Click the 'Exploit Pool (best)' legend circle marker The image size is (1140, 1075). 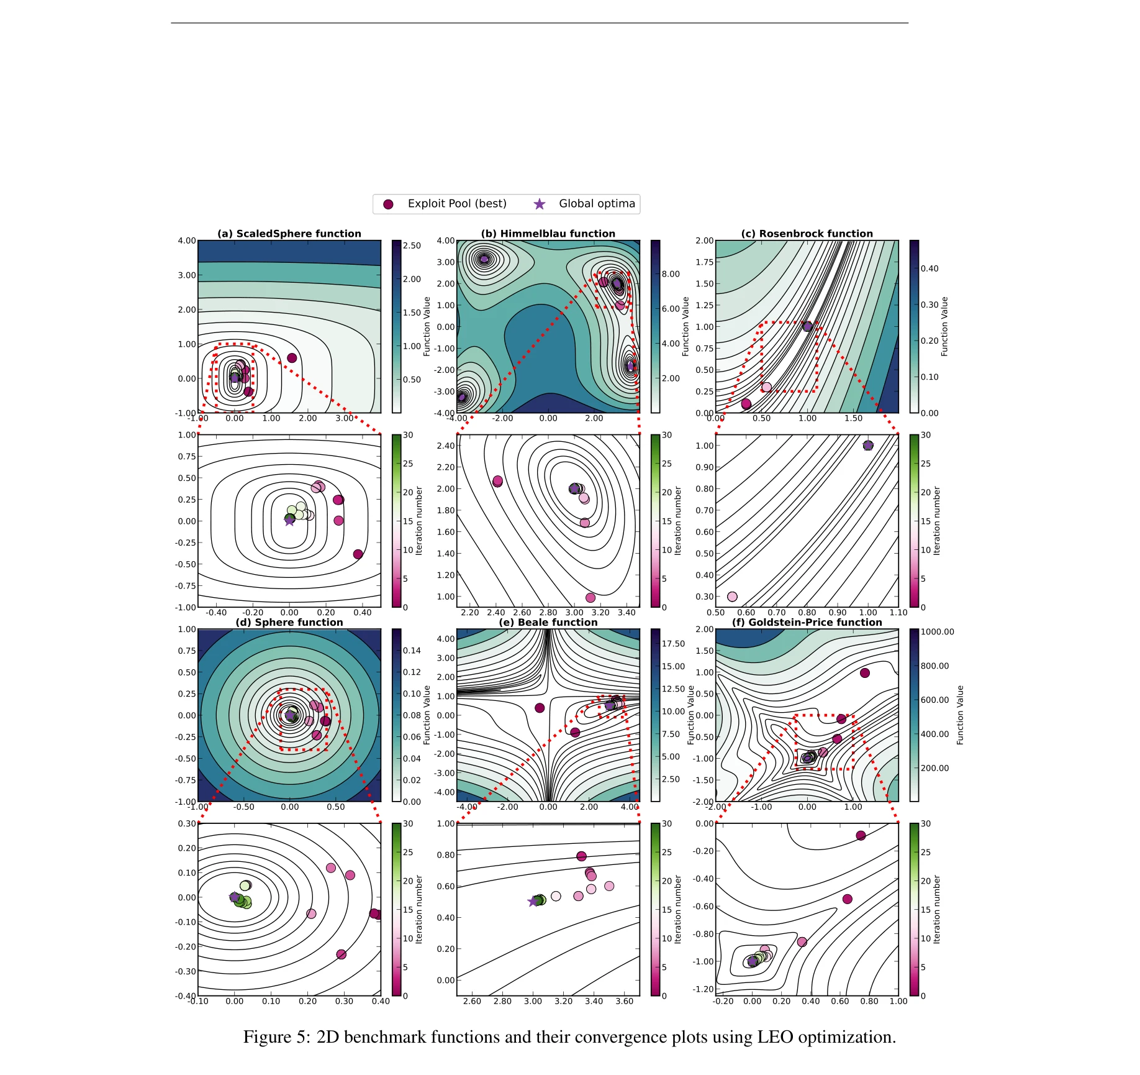[388, 204]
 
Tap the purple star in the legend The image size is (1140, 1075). [540, 204]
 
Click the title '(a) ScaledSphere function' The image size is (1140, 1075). [289, 234]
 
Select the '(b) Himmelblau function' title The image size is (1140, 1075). [548, 234]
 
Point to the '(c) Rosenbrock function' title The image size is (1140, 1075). [807, 234]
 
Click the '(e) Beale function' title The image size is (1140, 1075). [548, 622]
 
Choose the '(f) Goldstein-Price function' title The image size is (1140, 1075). [807, 622]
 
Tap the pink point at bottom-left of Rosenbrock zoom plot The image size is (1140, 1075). [732, 597]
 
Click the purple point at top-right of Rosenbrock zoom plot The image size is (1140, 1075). [868, 446]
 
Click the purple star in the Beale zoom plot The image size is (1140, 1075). [533, 902]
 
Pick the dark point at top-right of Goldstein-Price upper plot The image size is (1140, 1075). [865, 673]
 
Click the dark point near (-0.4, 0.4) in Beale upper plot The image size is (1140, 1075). [540, 708]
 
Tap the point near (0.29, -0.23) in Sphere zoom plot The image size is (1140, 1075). [341, 954]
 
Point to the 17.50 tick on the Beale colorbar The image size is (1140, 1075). [673, 644]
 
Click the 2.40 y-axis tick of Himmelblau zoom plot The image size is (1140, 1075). [446, 446]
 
